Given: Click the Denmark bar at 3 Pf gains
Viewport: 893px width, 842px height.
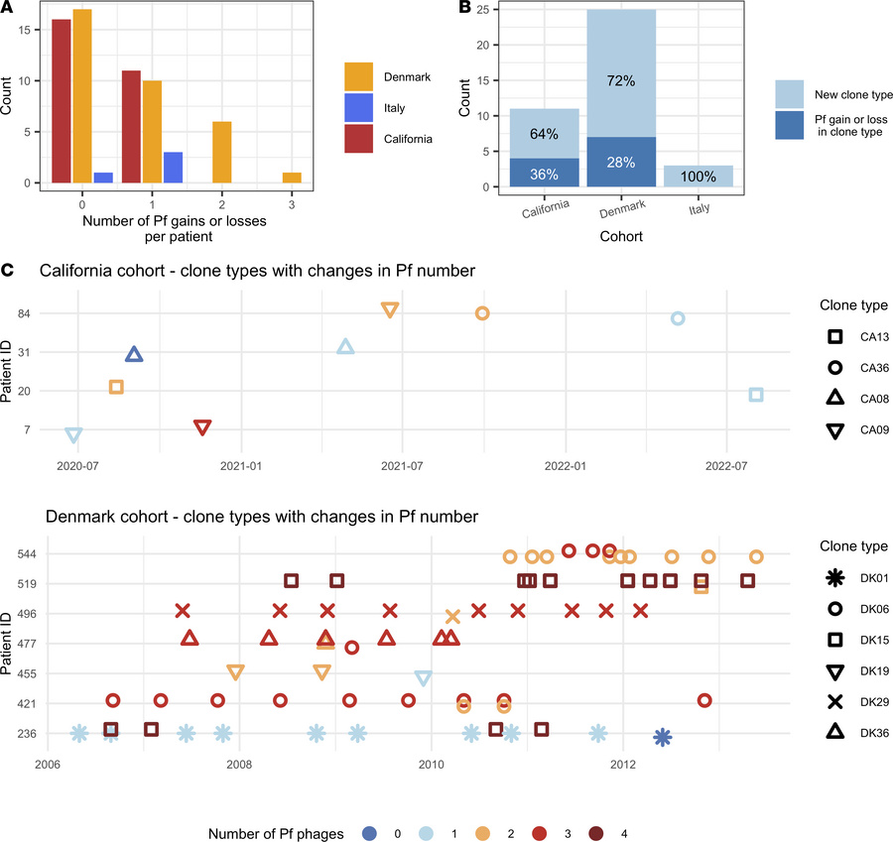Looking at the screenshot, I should [x=292, y=178].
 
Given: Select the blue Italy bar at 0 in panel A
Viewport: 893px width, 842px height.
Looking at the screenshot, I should [x=103, y=178].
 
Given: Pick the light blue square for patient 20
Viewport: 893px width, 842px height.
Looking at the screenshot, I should [x=756, y=395].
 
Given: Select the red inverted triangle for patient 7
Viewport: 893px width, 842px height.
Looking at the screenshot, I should [x=202, y=427].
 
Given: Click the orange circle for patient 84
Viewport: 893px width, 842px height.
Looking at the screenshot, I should [x=482, y=313].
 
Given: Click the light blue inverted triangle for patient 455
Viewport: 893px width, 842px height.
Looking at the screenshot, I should [x=424, y=678].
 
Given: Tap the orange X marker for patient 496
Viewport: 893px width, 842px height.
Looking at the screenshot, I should [x=453, y=617].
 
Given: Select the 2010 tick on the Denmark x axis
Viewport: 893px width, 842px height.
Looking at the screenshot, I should [x=431, y=765].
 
